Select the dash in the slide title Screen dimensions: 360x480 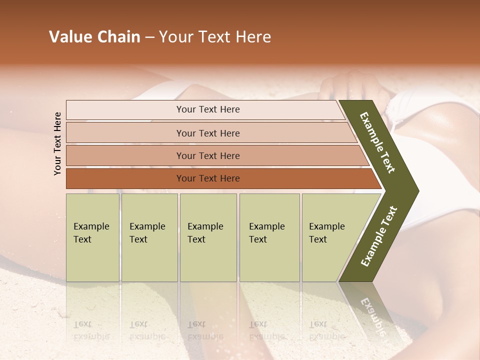point(149,37)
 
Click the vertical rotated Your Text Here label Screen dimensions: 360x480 point(57,143)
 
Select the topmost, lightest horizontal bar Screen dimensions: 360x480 point(125,110)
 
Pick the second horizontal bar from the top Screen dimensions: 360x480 point(125,133)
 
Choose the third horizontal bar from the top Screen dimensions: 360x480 point(125,155)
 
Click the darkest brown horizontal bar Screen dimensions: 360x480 point(125,178)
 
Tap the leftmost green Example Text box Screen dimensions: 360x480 point(92,237)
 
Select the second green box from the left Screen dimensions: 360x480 point(149,237)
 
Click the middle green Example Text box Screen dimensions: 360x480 point(208,237)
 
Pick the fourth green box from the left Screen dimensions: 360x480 point(269,237)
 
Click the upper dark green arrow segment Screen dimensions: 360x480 point(380,145)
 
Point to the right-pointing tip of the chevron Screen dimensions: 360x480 point(416,191)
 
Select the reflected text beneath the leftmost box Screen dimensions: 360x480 point(91,330)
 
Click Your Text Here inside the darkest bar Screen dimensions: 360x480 point(208,178)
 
